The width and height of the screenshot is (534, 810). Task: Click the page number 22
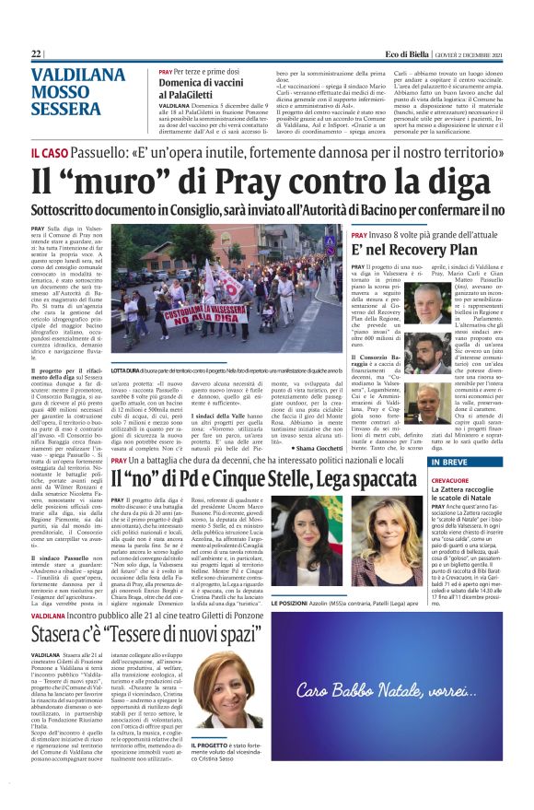38,54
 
